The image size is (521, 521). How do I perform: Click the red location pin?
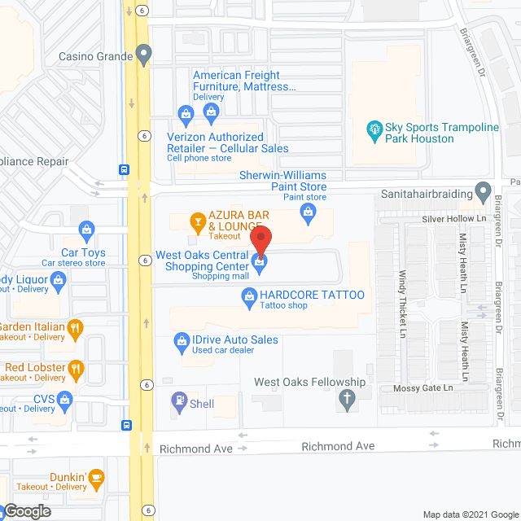click(260, 241)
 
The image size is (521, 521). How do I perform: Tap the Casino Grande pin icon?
click(144, 57)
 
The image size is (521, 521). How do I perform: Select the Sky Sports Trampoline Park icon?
click(374, 129)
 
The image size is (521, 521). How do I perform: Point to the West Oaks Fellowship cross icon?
click(346, 399)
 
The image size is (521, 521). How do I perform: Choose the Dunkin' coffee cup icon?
click(97, 476)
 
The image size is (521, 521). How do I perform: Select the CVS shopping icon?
click(68, 399)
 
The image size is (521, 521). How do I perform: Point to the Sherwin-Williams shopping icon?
click(308, 213)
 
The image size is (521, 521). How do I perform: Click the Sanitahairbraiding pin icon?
click(484, 195)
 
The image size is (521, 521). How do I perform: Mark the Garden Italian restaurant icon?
click(76, 327)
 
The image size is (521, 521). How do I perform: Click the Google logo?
click(28, 510)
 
